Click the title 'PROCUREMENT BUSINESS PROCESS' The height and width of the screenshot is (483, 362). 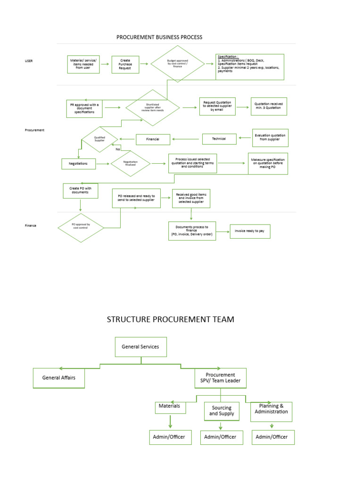(x=159, y=37)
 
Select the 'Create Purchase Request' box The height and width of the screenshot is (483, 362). (x=125, y=65)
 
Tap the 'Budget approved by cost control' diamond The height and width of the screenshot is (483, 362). (x=177, y=64)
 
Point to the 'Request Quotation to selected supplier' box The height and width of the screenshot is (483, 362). (x=217, y=106)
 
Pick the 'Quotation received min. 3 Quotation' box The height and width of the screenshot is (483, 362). (x=269, y=106)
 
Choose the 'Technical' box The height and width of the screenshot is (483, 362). (x=219, y=139)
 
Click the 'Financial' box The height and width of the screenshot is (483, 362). (x=152, y=139)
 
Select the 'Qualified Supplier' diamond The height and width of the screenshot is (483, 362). (x=99, y=139)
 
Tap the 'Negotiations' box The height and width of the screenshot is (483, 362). (x=78, y=164)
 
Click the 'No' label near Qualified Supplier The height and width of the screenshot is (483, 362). (x=118, y=149)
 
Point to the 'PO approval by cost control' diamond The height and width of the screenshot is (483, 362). (x=81, y=227)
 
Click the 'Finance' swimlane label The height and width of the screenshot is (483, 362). (x=31, y=225)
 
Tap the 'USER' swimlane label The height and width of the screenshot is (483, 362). (x=29, y=61)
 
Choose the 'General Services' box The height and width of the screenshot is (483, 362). (x=140, y=347)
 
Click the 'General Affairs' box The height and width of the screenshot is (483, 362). (x=58, y=378)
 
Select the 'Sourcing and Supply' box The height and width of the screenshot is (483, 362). (x=222, y=411)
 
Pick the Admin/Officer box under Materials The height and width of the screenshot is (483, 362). (x=169, y=437)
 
